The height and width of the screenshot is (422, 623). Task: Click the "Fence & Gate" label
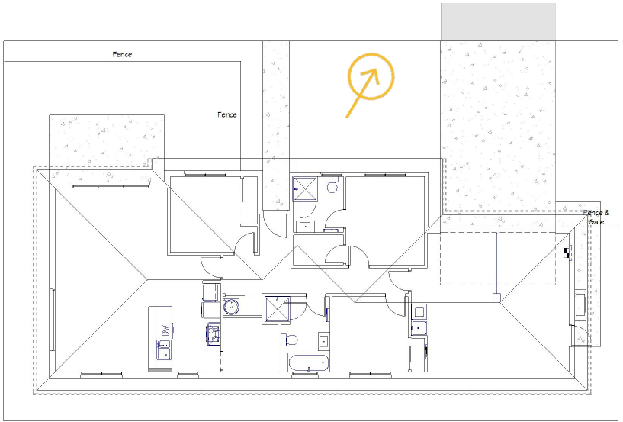click(x=596, y=217)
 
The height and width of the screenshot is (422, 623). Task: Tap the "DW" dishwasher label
click(x=164, y=330)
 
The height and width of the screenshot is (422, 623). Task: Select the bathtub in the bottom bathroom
click(x=307, y=362)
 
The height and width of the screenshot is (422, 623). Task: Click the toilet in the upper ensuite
click(x=332, y=186)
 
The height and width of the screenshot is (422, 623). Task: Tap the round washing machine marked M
click(x=230, y=308)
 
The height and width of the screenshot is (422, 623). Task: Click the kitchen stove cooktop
click(x=213, y=333)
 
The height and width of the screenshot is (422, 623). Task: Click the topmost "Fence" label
click(x=122, y=55)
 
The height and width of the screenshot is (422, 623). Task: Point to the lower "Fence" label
click(x=226, y=114)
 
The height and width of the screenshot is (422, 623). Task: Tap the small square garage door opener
click(x=496, y=298)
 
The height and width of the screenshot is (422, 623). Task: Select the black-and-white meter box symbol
click(x=567, y=253)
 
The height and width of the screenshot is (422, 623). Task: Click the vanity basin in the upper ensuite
click(x=305, y=226)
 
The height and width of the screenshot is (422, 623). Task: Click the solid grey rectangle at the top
click(x=498, y=21)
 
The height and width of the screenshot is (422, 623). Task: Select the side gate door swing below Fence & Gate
click(x=582, y=336)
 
